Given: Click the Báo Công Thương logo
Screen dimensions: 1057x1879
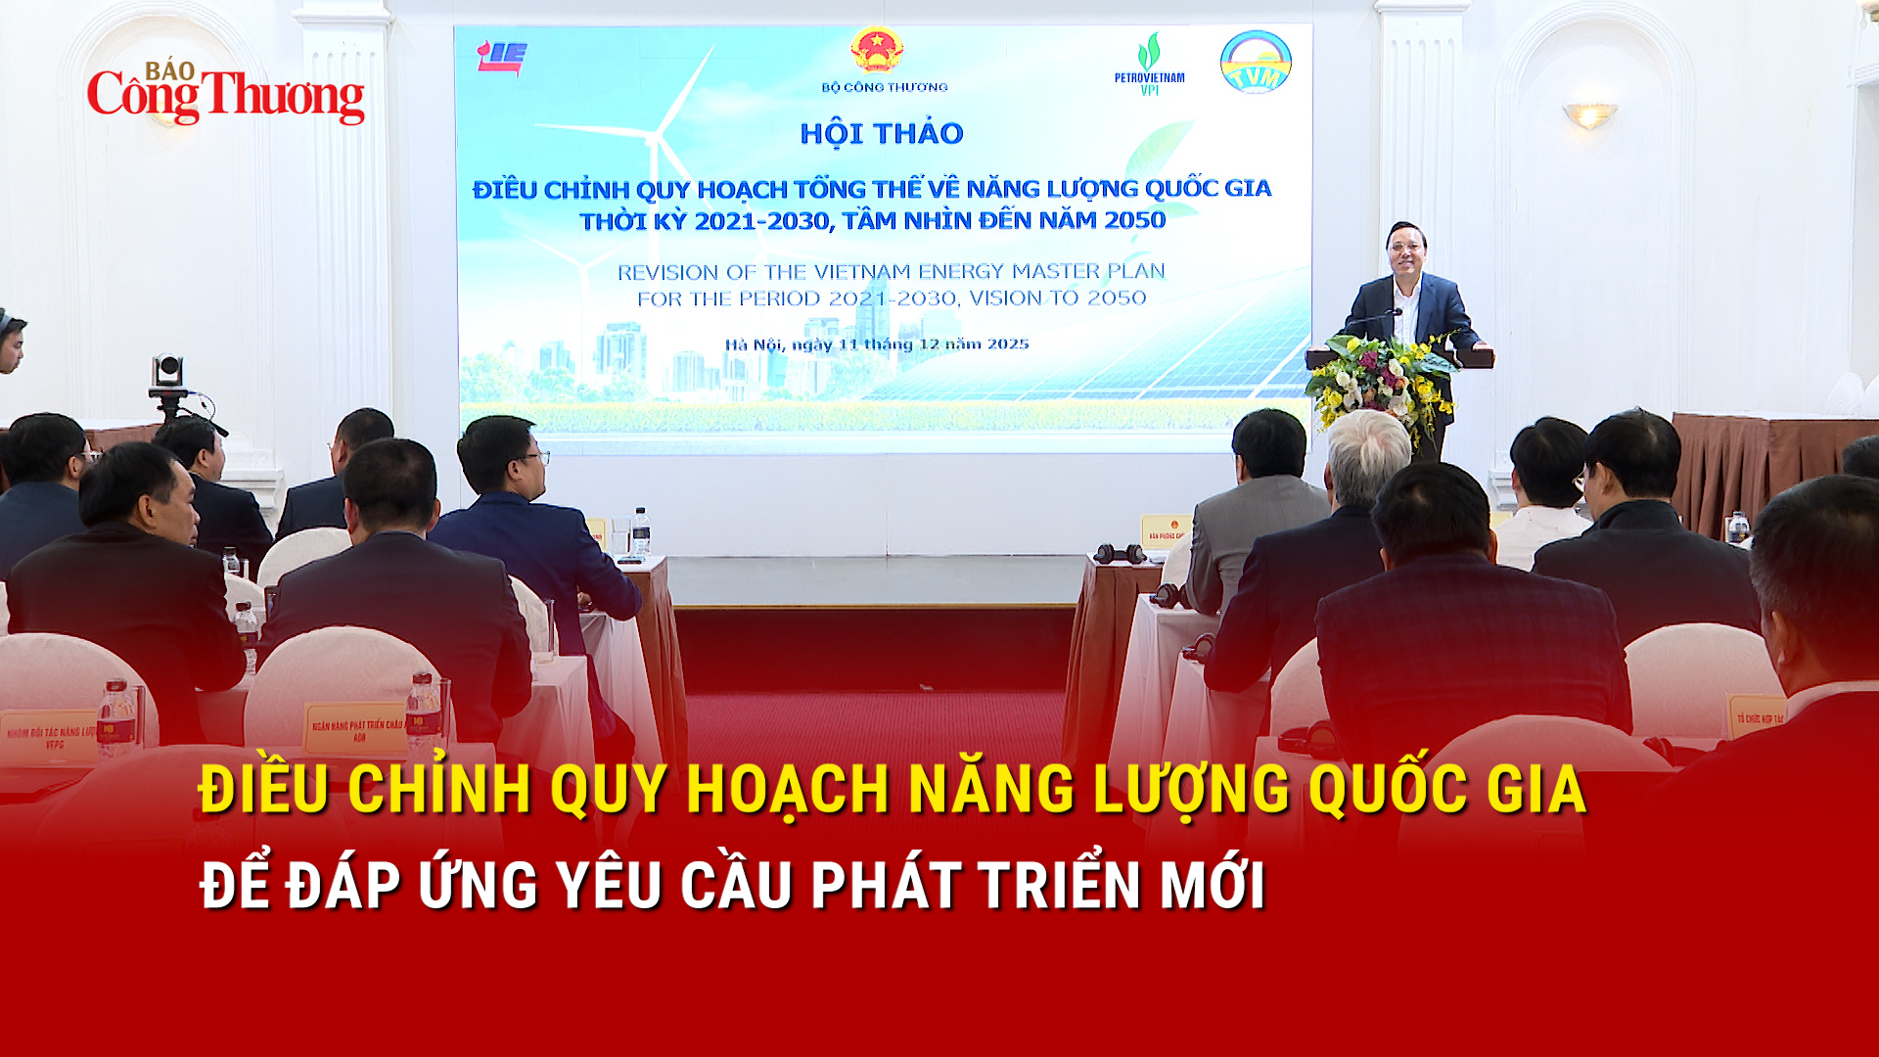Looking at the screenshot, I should click(x=225, y=94).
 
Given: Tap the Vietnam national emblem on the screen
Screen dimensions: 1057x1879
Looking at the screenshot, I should click(x=876, y=49).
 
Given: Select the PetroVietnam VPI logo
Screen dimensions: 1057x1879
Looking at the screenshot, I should click(x=1149, y=65).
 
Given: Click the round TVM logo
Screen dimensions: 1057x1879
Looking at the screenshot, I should click(x=1256, y=62).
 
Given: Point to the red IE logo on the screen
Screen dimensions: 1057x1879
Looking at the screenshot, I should click(x=501, y=57).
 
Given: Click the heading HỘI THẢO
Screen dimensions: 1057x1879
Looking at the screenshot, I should click(x=882, y=133).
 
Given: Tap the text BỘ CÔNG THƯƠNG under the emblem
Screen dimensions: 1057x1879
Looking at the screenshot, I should click(x=885, y=87).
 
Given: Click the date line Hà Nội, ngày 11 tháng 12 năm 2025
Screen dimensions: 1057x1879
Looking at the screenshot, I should click(x=877, y=345).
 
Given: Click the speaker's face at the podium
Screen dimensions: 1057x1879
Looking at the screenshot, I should click(x=1406, y=253).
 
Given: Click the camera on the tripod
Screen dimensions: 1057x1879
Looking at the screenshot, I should click(x=167, y=371).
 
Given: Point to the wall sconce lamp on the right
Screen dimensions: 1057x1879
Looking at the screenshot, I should click(x=1589, y=115).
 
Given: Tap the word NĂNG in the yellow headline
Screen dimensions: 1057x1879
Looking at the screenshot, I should click(x=991, y=789).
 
